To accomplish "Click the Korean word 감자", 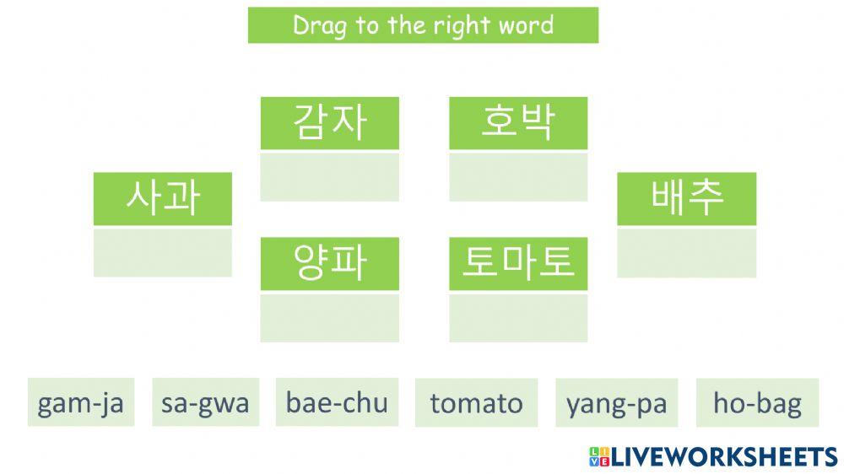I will pyautogui.click(x=329, y=123).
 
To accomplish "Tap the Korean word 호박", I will pyautogui.click(x=517, y=123).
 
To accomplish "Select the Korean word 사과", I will pyautogui.click(x=162, y=198).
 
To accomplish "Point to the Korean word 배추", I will pyautogui.click(x=686, y=198).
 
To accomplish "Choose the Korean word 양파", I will pyautogui.click(x=329, y=264).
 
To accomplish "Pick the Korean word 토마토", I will pyautogui.click(x=517, y=264).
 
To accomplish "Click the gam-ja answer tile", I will pyautogui.click(x=81, y=403).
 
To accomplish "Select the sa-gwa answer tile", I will pyautogui.click(x=205, y=403).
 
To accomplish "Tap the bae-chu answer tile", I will pyautogui.click(x=337, y=403).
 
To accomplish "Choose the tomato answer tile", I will pyautogui.click(x=476, y=403).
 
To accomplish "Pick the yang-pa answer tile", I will pyautogui.click(x=617, y=403).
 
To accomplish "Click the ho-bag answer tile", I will pyautogui.click(x=757, y=403).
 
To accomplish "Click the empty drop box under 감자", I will pyautogui.click(x=329, y=176).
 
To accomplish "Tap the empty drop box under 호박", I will pyautogui.click(x=517, y=176).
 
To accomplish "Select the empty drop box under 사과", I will pyautogui.click(x=162, y=251).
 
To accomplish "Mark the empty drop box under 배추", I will pyautogui.click(x=686, y=251).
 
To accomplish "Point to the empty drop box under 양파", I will pyautogui.click(x=329, y=317).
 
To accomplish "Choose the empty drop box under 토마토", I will pyautogui.click(x=517, y=317).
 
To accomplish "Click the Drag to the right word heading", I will pyautogui.click(x=423, y=25).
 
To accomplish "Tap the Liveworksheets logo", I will pyautogui.click(x=713, y=457).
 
